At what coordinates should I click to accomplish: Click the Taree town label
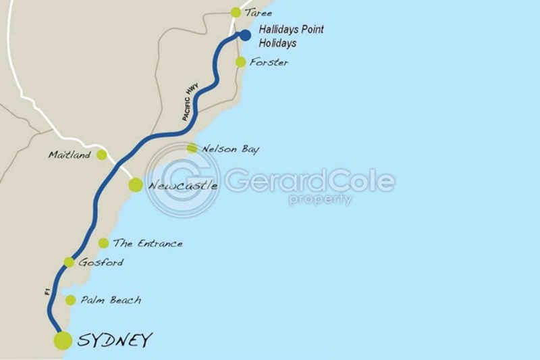(x=260, y=12)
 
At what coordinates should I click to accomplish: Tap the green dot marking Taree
(x=236, y=12)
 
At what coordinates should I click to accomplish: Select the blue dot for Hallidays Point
(x=245, y=35)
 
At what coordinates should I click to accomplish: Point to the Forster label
(x=269, y=62)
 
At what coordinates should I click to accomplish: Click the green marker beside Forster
(x=240, y=62)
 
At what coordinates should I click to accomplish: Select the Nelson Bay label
(x=231, y=149)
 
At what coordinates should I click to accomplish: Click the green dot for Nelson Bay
(x=192, y=149)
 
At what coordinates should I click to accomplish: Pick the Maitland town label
(x=70, y=155)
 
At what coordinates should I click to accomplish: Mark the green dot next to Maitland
(x=101, y=155)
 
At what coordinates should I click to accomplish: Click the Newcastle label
(x=182, y=184)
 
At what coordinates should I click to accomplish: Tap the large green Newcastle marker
(x=136, y=184)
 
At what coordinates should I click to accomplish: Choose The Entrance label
(x=148, y=243)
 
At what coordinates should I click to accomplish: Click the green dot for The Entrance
(x=103, y=243)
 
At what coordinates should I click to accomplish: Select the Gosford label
(x=101, y=262)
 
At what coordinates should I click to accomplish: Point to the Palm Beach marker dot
(x=70, y=300)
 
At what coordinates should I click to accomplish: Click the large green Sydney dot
(x=63, y=340)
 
